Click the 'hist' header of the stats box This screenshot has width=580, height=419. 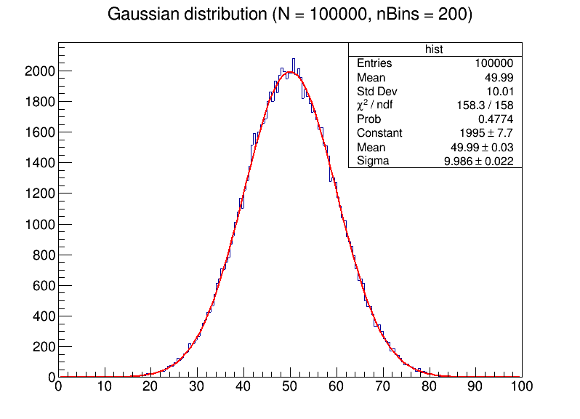click(x=434, y=49)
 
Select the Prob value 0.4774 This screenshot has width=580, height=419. click(x=496, y=119)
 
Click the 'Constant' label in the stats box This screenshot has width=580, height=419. click(x=379, y=133)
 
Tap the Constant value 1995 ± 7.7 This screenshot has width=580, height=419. click(x=486, y=133)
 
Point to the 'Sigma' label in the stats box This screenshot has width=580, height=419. click(x=373, y=161)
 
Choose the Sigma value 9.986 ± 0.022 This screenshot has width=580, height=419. click(x=478, y=161)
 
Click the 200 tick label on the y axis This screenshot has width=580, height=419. click(x=43, y=346)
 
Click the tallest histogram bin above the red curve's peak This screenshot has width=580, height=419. click(x=294, y=64)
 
